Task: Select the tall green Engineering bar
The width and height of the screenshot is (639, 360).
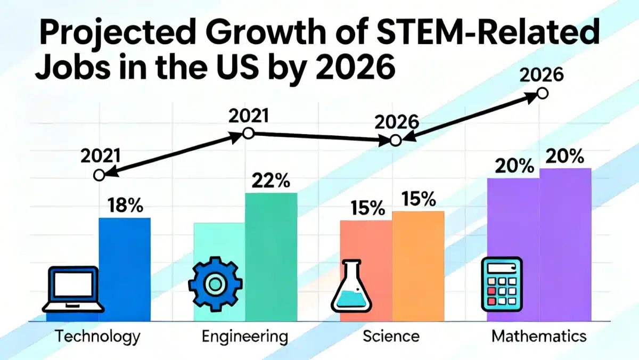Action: (271, 256)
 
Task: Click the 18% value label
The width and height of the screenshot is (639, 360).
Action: (125, 206)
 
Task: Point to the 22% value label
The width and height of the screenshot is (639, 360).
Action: (271, 181)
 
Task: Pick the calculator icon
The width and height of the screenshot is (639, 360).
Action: (502, 284)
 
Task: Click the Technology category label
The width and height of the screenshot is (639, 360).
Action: (98, 336)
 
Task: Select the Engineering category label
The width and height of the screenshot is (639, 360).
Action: (245, 336)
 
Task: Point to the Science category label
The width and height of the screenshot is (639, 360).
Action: (391, 336)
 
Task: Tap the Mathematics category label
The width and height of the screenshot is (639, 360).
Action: (539, 336)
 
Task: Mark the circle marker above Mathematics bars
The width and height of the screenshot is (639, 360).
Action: (542, 93)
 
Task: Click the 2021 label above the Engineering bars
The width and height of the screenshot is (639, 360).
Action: (249, 116)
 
